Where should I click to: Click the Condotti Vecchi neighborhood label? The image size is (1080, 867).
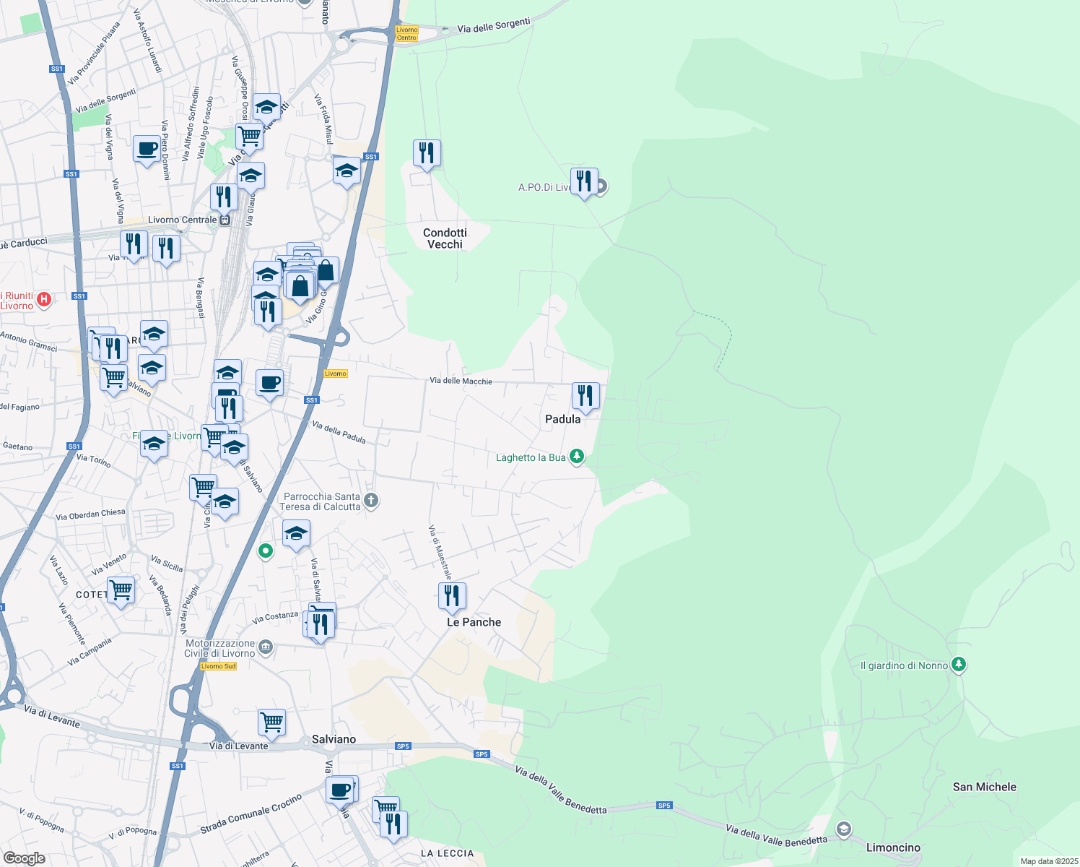point(445,238)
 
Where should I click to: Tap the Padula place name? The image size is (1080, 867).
point(562,419)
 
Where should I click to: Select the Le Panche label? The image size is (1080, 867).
point(474,622)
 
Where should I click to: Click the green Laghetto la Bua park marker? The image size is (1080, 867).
point(576,457)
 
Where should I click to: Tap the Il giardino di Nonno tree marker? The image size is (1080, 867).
point(958,664)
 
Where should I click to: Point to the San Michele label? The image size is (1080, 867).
point(984,787)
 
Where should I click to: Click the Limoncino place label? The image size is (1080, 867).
point(893,847)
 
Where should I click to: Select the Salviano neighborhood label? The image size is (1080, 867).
point(334,739)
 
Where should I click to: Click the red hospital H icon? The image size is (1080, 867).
point(44,298)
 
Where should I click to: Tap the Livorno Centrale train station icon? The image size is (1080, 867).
point(225,220)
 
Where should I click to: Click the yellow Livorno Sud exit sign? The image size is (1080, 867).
point(219,666)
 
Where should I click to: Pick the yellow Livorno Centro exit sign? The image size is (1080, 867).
point(406,33)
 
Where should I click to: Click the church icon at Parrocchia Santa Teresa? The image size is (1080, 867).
point(371,500)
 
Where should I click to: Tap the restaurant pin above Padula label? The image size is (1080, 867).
point(585,396)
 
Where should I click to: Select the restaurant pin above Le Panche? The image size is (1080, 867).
point(452,596)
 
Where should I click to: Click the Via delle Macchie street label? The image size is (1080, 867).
point(461,381)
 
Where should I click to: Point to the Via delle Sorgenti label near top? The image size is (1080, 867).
point(494,26)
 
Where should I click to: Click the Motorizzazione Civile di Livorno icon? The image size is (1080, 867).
point(266,647)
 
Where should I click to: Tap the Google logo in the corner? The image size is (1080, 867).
point(25,858)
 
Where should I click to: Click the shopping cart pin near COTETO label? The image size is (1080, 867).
point(121,590)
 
